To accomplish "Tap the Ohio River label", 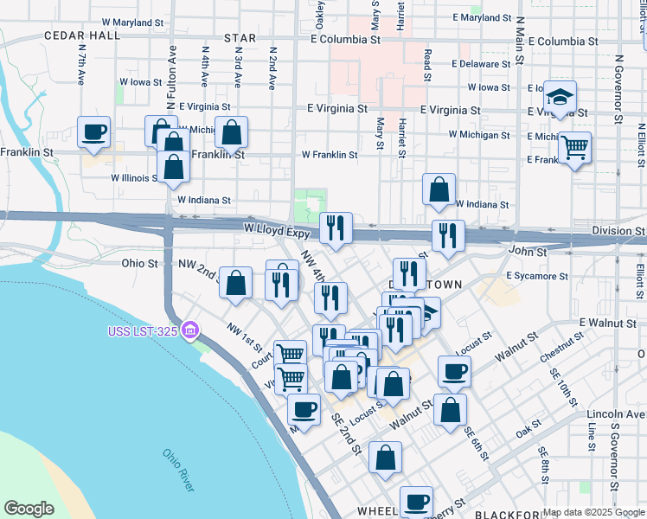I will tap(178, 470).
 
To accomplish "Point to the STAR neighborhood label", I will tap(240, 38).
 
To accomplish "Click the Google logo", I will tap(29, 509).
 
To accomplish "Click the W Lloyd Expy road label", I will tap(276, 232).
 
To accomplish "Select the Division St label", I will tap(618, 231).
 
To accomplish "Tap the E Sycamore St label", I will tap(537, 276).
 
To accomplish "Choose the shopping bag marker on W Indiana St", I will tap(439, 190).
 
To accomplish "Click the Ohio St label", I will tap(139, 263).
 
